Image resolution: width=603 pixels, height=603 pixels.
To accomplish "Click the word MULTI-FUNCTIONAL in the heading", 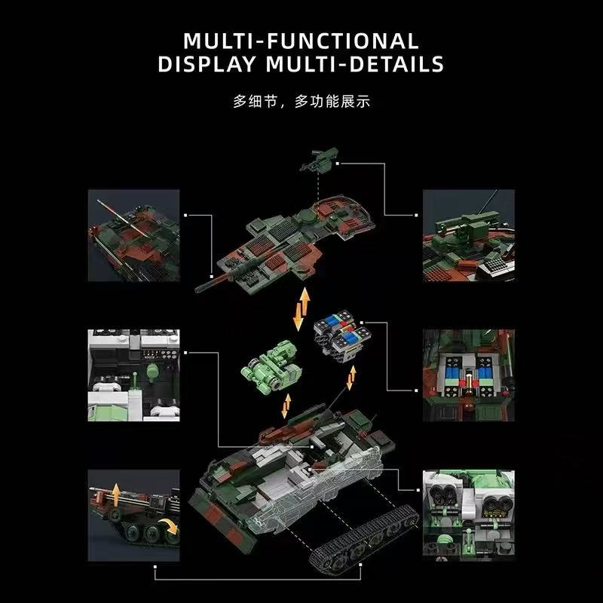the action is point(301,41).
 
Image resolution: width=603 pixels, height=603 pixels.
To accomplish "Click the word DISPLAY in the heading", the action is point(207,64).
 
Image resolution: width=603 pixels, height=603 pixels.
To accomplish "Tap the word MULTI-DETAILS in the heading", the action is point(355,64).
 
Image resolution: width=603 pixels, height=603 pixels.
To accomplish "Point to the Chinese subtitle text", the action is point(301,102).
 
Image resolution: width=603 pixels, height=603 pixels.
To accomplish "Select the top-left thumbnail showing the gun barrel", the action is point(134,235).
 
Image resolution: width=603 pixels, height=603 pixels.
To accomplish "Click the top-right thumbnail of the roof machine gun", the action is point(469,235).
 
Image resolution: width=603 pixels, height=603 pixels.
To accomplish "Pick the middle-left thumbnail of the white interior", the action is point(134,375).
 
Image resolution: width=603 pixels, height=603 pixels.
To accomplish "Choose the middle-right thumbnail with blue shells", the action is point(469,375).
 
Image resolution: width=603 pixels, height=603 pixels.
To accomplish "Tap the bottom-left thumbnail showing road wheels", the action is point(134,515).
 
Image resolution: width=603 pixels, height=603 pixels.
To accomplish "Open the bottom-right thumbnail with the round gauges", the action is point(469,515).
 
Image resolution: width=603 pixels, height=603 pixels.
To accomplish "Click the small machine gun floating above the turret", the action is point(319,159).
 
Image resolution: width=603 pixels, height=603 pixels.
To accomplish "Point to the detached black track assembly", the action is point(364,538).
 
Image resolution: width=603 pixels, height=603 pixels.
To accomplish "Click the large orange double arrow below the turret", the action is point(301,309).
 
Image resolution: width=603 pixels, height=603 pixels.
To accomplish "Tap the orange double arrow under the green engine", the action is point(286,406).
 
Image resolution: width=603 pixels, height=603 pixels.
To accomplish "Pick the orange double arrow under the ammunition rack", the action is point(351,378).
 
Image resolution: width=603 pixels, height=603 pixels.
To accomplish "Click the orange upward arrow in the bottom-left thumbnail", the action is point(116,495).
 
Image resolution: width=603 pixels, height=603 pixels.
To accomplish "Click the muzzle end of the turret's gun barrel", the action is point(197,289).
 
